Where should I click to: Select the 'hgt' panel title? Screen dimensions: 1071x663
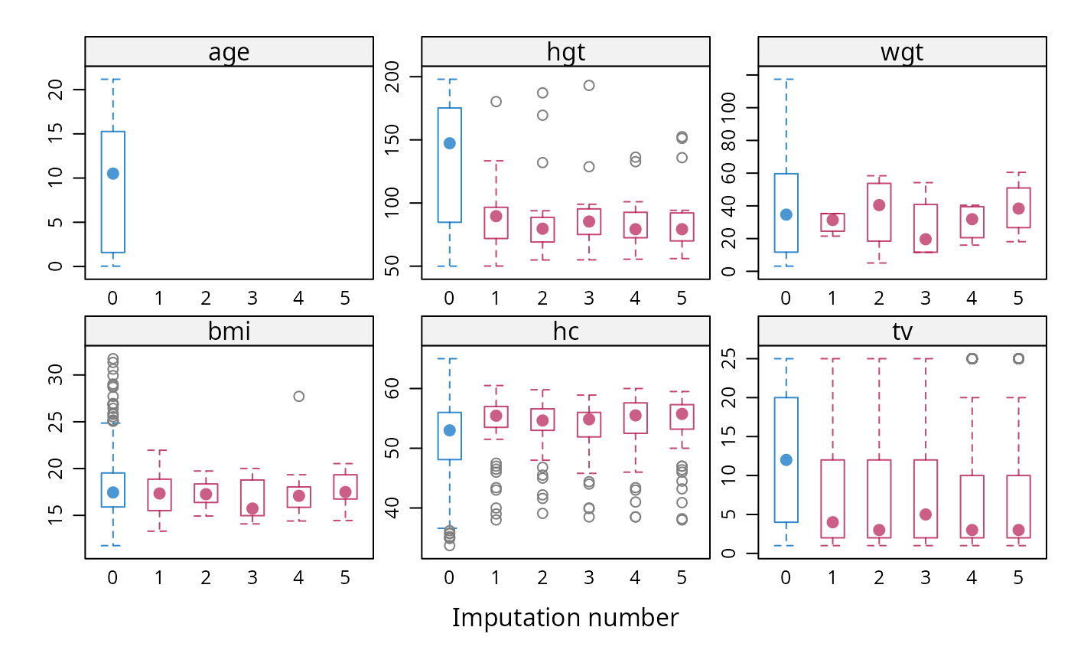coord(565,52)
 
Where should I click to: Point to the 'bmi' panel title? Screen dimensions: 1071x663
coord(229,331)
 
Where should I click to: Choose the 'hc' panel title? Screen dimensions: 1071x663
coord(565,331)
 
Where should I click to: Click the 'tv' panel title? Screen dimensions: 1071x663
coord(902,331)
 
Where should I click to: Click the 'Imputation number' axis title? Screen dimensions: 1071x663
coord(565,617)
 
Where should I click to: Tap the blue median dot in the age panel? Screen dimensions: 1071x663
coord(113,174)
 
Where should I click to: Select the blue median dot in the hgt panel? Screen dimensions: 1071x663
coord(450,143)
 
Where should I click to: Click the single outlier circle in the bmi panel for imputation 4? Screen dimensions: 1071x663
coord(299,396)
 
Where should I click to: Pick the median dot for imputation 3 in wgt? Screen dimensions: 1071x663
coord(926,239)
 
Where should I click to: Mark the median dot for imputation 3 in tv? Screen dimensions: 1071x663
coord(926,514)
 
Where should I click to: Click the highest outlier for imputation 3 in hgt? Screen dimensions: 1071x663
coord(589,86)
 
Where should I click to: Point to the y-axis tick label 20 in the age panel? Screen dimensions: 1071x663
coord(55,90)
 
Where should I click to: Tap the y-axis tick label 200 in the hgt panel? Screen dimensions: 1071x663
coord(392,77)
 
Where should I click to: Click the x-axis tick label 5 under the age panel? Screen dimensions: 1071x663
coord(345,299)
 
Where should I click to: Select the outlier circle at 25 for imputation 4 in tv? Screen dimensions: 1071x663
coord(972,359)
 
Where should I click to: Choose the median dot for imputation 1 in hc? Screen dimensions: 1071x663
coord(496,416)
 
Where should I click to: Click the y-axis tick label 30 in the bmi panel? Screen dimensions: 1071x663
coord(55,374)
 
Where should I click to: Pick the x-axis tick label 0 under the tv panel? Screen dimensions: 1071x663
coord(786,578)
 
